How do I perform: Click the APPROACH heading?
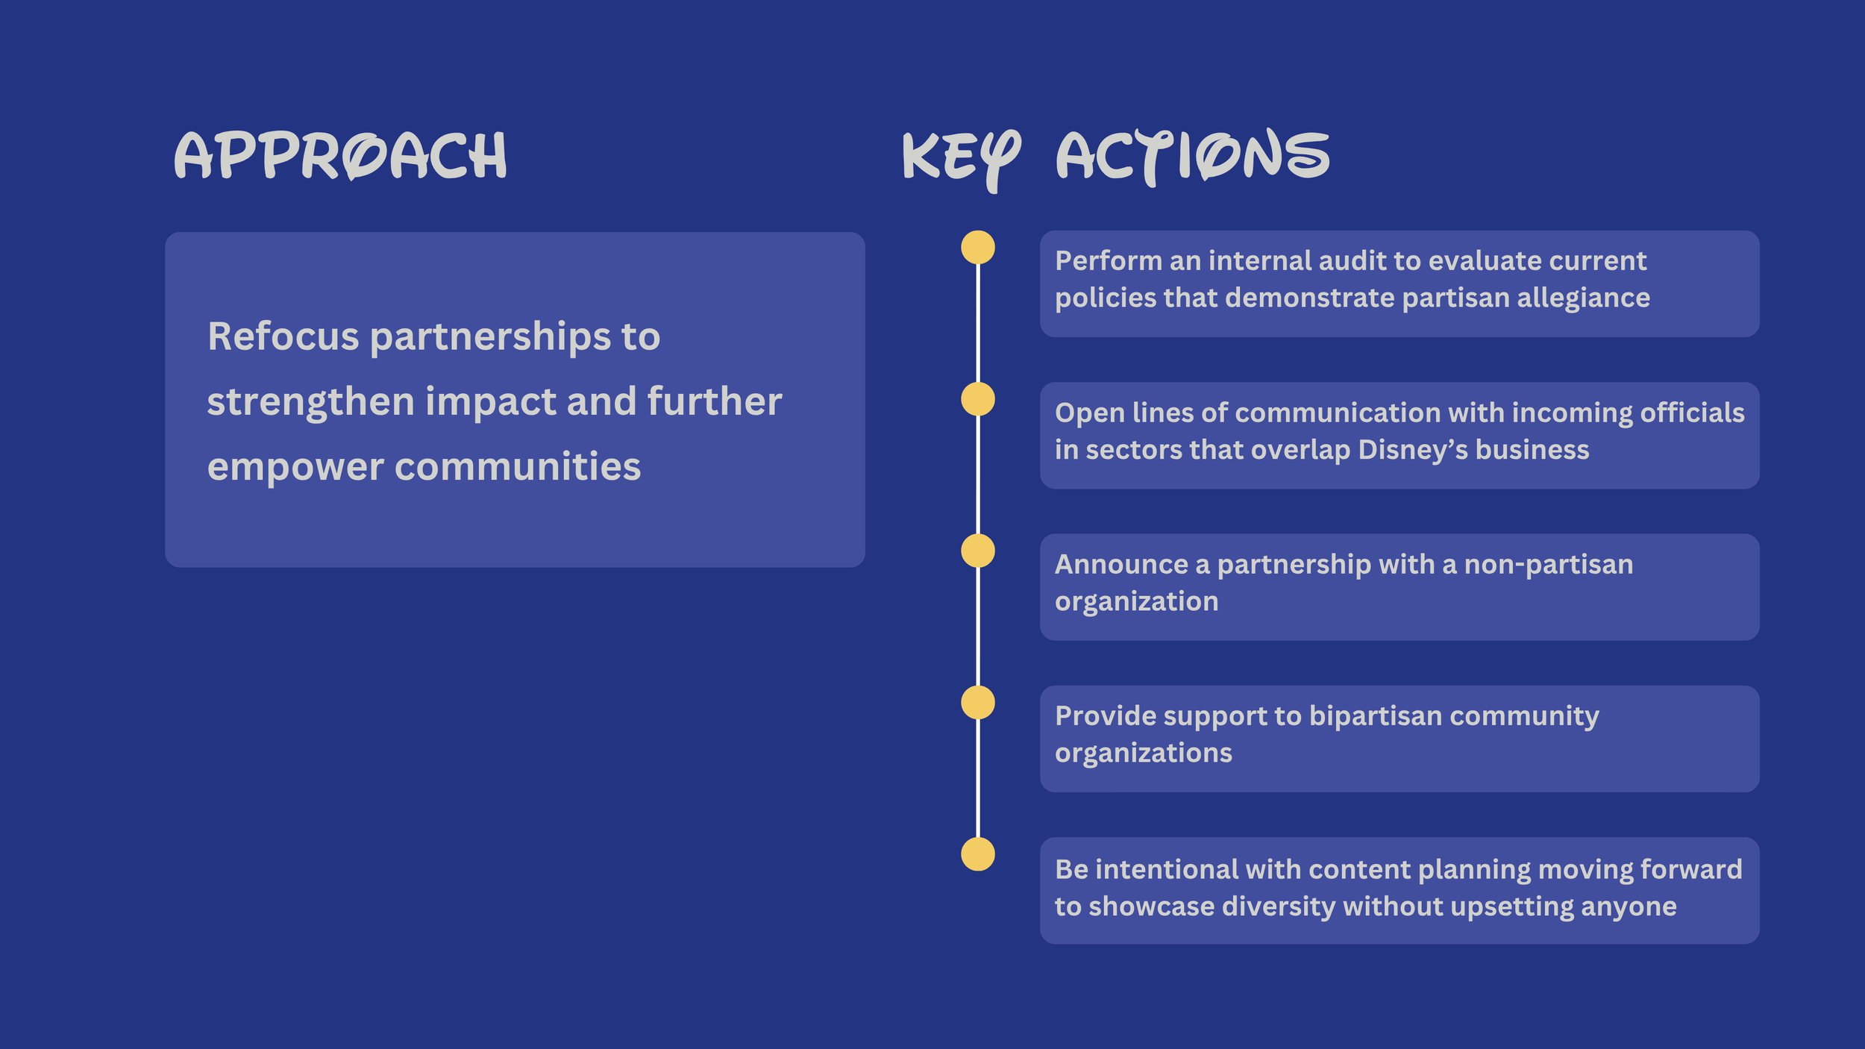(340, 155)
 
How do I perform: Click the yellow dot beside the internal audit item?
(977, 248)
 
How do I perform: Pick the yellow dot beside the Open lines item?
(977, 399)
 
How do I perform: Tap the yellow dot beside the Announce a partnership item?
(977, 551)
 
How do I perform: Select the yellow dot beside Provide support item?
(977, 702)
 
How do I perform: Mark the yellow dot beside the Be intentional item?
(977, 854)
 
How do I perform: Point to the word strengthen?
(310, 402)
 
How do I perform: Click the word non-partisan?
(1548, 564)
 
